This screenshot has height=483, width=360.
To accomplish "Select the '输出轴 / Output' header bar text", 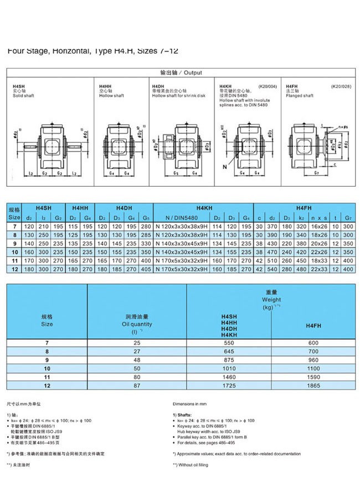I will click(x=181, y=73).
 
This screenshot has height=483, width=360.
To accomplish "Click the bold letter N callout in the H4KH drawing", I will click(x=225, y=166).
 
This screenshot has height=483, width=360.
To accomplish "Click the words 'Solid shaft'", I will click(x=23, y=95).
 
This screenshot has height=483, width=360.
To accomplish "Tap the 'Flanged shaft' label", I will click(x=300, y=95).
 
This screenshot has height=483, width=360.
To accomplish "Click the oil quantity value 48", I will click(x=137, y=359).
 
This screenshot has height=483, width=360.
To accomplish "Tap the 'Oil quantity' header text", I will click(x=137, y=324).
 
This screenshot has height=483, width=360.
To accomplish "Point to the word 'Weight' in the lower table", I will click(x=271, y=300).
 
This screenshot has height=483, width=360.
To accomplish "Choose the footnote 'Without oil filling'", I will click(x=193, y=465).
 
